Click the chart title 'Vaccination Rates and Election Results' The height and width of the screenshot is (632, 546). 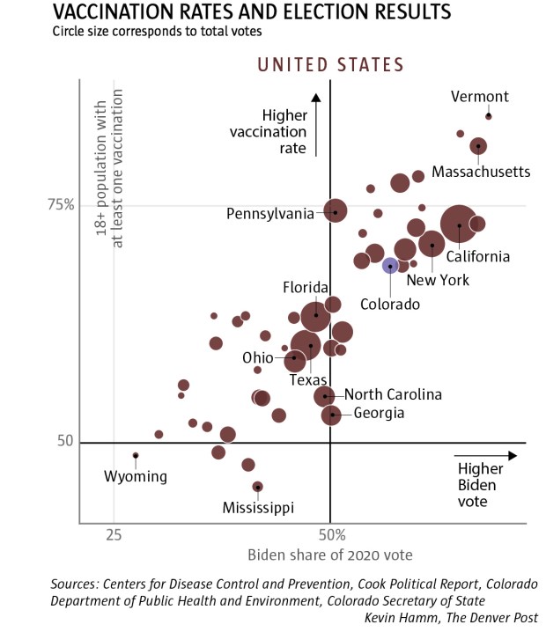pos(252,12)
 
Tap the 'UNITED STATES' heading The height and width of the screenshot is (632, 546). pos(330,64)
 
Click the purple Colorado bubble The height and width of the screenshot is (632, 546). pos(390,266)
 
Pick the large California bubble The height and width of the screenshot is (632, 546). pos(460,225)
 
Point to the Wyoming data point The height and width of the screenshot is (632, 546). pos(136,455)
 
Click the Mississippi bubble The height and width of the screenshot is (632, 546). pos(258,487)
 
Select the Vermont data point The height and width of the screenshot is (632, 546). pos(489,116)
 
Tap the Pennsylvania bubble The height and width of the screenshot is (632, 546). pos(336,211)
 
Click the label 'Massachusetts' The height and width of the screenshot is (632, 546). pos(481,172)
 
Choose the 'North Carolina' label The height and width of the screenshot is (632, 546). pos(393,395)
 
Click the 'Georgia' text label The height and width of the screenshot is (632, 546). pos(380,413)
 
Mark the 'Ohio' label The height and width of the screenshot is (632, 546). pos(258,358)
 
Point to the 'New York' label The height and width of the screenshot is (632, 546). pos(438,280)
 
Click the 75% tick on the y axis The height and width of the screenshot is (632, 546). pos(62,205)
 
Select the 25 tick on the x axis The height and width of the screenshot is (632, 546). pos(113,534)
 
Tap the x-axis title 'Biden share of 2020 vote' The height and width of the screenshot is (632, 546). pos(330,555)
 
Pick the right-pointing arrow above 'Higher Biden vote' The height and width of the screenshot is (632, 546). pos(486,455)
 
